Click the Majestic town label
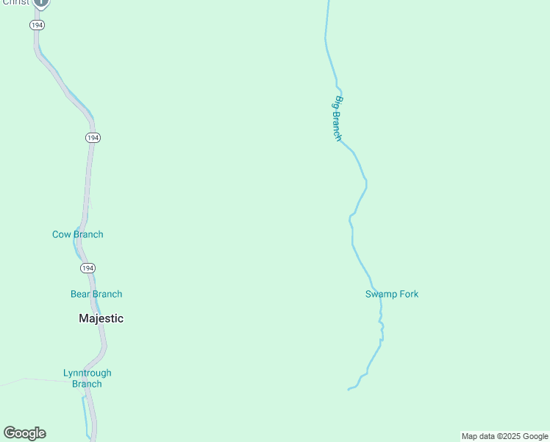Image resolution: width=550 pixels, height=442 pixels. point(101,318)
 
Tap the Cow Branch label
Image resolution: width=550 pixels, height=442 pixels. point(77,234)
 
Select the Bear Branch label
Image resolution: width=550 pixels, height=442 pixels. point(96,294)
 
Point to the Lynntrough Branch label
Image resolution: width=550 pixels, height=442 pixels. point(87,378)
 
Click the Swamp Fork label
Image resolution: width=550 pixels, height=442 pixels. point(392,294)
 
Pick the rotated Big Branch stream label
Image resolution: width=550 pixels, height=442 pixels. point(335,118)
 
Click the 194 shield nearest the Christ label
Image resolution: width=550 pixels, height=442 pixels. point(37,25)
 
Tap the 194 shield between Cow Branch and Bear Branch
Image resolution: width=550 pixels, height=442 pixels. point(87,267)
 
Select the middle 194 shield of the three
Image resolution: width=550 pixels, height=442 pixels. point(92,138)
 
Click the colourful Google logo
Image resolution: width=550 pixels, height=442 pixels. point(24,433)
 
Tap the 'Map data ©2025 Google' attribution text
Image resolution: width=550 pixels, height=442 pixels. point(504,436)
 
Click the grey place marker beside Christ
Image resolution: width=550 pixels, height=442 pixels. point(42,3)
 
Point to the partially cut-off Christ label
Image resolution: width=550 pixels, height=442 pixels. point(15,2)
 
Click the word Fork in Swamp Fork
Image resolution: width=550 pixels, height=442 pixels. point(408,294)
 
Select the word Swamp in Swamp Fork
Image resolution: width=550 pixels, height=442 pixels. point(381,294)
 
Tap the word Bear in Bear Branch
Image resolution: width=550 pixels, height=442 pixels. point(80,294)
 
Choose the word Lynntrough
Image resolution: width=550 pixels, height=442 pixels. point(87,373)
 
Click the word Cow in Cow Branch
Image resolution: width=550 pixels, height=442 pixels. point(61,234)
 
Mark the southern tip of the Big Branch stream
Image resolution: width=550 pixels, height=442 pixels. point(349,389)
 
